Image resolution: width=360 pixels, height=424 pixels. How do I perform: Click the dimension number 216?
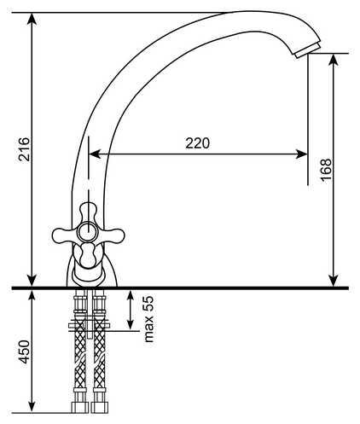coord(25,149)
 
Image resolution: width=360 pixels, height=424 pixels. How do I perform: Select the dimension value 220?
coord(198,143)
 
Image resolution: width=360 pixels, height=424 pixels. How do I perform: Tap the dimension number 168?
coord(326,170)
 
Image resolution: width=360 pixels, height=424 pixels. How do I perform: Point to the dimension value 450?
coord(25,351)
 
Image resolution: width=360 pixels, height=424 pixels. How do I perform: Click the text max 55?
coord(148,319)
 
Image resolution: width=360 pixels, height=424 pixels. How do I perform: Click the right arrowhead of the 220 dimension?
coord(302,154)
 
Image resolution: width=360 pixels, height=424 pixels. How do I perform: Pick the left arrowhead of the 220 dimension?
coord(95,154)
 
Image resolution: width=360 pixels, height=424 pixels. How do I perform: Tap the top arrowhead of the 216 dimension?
coord(32,19)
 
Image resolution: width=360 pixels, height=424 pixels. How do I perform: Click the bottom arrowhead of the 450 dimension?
coord(32,406)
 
